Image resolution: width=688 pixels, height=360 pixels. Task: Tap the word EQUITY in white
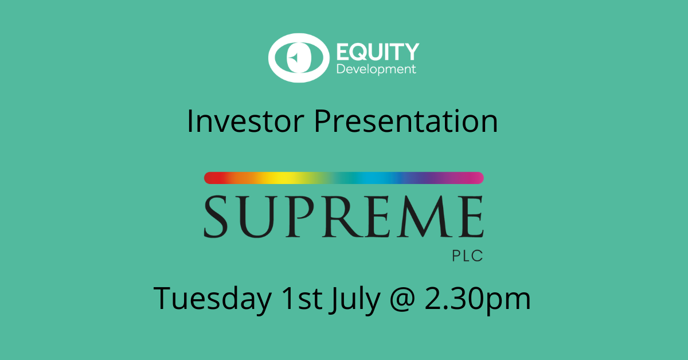(x=378, y=52)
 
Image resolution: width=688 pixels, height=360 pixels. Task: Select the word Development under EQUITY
(x=376, y=69)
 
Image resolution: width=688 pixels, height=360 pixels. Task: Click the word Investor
(x=245, y=121)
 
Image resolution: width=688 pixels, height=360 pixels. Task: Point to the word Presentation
(x=405, y=121)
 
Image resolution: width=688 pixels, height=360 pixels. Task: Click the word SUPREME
(x=343, y=217)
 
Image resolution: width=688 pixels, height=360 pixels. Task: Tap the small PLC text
(x=467, y=256)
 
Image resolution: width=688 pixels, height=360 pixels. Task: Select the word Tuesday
(x=213, y=299)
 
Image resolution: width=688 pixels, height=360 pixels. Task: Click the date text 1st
(x=302, y=298)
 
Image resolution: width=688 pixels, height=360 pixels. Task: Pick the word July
(x=355, y=299)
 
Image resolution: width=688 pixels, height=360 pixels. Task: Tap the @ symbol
(x=402, y=299)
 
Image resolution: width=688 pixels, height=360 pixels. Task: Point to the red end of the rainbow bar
(x=212, y=178)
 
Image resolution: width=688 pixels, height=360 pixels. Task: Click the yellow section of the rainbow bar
(x=280, y=178)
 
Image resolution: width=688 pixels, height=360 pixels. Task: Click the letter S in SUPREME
(x=216, y=217)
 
